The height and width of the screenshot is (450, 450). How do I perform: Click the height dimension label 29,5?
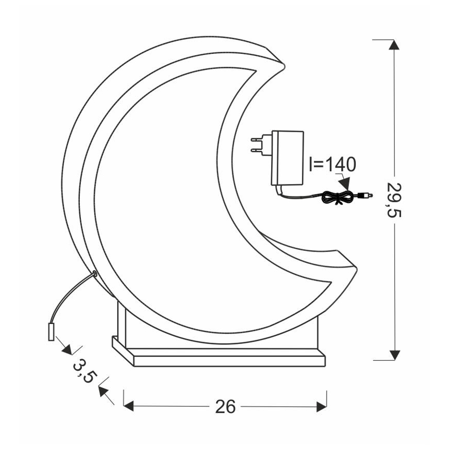point(395,200)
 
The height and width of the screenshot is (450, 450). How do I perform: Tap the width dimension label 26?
point(226,406)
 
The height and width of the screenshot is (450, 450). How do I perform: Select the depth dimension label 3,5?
point(83,370)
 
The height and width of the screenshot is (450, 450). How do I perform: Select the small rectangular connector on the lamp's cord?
point(51,330)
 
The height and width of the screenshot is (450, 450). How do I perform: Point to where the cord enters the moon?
point(95,273)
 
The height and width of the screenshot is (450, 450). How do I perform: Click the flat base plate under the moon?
point(218,355)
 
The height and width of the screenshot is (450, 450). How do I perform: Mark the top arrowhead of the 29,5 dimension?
point(395,45)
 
